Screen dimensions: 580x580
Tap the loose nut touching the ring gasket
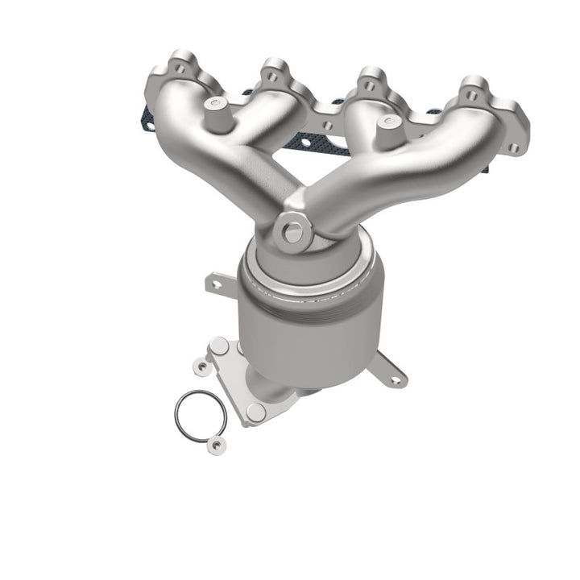click(214, 443)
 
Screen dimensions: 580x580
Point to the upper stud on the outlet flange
click(217, 346)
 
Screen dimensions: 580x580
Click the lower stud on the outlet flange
click(256, 412)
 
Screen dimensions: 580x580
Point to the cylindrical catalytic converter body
click(314, 322)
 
